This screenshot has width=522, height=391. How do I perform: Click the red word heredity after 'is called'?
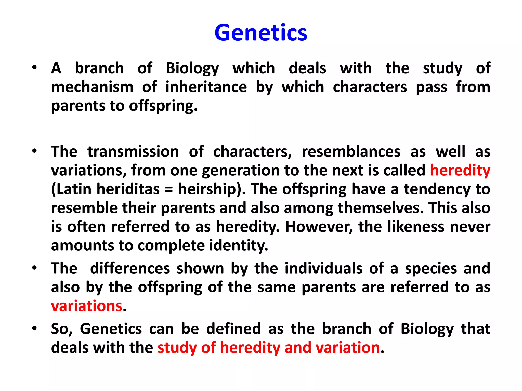460,170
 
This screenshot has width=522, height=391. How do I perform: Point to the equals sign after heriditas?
168,190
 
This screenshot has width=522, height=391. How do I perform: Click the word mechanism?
92,87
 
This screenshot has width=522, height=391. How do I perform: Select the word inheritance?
206,87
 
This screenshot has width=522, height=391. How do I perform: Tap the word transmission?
133,151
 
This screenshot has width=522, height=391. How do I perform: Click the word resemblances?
351,151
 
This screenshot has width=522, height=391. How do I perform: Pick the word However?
319,227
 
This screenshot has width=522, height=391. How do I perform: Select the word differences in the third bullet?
130,268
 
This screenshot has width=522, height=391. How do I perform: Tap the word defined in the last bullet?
233,329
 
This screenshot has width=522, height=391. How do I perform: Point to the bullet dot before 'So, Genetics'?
34,328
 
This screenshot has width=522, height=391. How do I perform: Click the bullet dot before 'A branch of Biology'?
34,68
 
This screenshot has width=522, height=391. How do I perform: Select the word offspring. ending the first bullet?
163,106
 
